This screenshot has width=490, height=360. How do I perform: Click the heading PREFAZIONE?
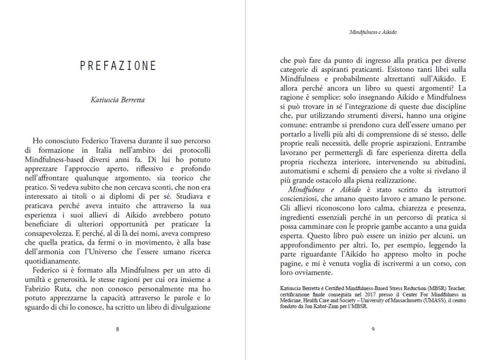tap(118, 66)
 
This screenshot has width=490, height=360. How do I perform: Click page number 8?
tap(118, 329)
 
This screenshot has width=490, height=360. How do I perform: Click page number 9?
tap(373, 329)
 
